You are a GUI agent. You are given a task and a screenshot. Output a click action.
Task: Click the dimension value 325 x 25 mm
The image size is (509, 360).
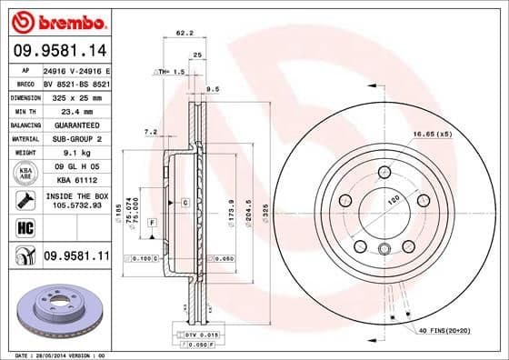[71, 95]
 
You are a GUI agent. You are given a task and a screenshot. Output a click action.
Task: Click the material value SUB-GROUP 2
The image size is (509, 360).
[71, 138]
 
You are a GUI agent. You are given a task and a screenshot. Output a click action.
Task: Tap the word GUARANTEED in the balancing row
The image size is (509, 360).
[71, 124]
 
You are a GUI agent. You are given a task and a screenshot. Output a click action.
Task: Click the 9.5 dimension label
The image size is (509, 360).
[214, 89]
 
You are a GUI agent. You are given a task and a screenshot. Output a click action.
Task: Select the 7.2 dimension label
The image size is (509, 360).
[151, 132]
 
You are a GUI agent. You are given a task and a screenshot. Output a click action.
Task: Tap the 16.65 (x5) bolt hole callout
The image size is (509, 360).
[432, 135]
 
